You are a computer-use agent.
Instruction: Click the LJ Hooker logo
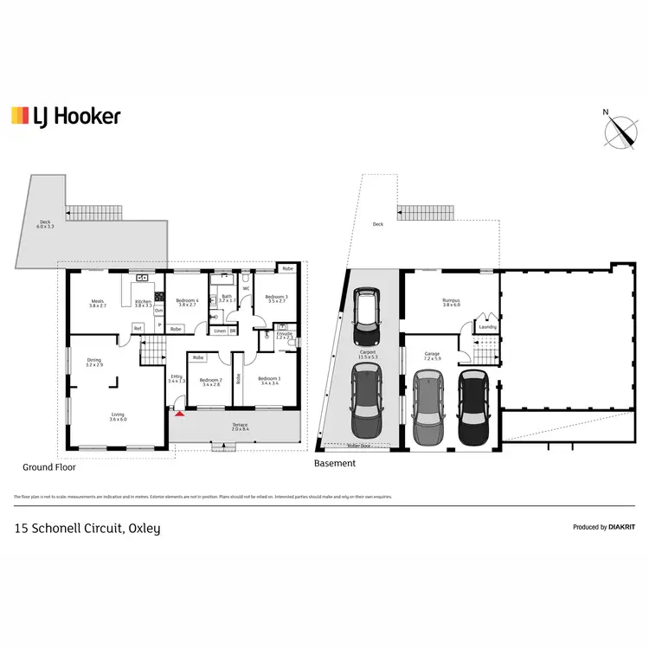[x=66, y=116]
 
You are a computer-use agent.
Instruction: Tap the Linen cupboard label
[x=220, y=331]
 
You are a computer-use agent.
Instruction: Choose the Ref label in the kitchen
[x=138, y=327]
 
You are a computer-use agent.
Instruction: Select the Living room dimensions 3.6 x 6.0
[x=118, y=420]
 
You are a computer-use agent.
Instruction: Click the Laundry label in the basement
[x=487, y=327]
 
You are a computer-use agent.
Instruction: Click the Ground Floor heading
[x=48, y=467]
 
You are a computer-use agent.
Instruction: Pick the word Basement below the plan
[x=334, y=464]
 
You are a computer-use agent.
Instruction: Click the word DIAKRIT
[x=622, y=527]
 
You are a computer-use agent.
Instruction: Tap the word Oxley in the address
[x=145, y=528]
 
